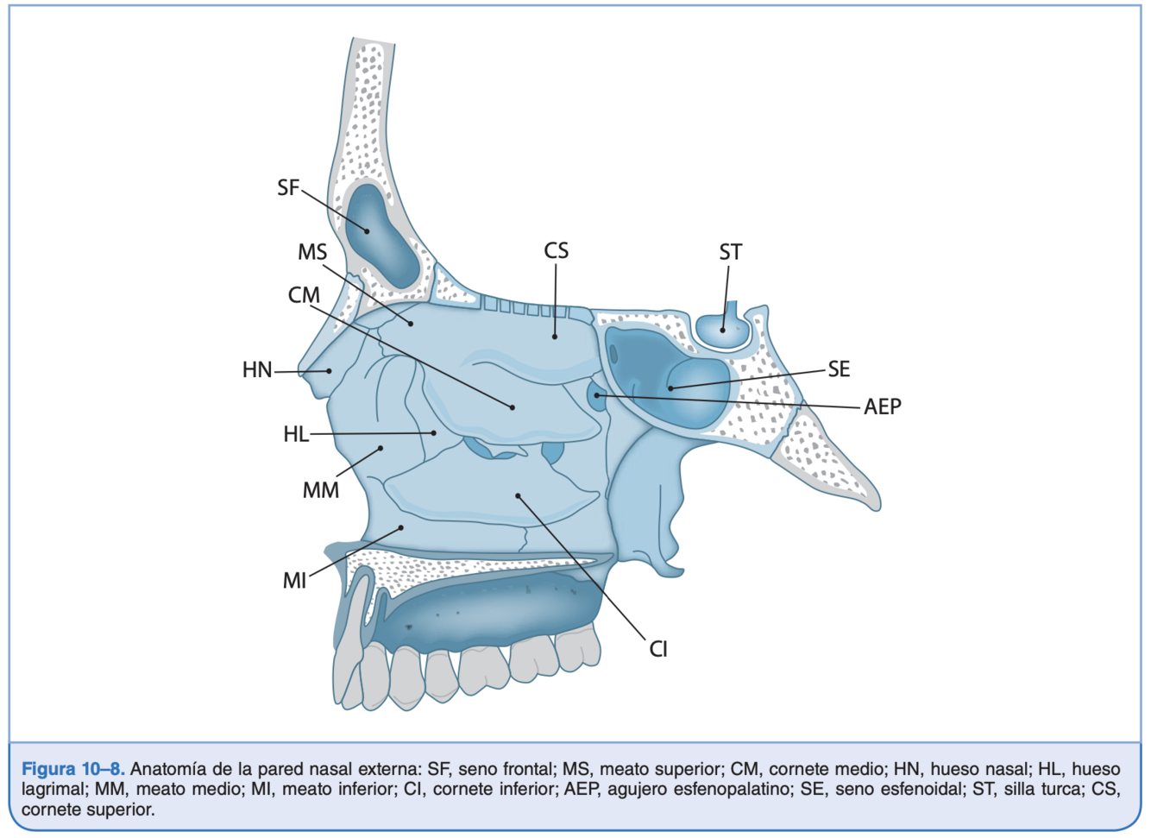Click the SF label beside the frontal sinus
(288, 187)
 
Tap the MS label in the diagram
(312, 252)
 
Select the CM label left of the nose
(304, 295)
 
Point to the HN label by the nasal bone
(257, 370)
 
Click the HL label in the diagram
(296, 434)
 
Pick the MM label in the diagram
(320, 490)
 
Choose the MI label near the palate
(295, 581)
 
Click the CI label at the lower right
(658, 649)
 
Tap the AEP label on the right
(883, 406)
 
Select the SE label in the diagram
(839, 369)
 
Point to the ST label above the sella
(730, 252)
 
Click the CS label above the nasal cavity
(557, 250)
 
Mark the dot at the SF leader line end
(367, 231)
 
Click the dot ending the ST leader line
(723, 330)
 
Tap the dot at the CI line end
(518, 495)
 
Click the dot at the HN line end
(329, 371)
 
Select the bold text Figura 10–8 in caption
(73, 769)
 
